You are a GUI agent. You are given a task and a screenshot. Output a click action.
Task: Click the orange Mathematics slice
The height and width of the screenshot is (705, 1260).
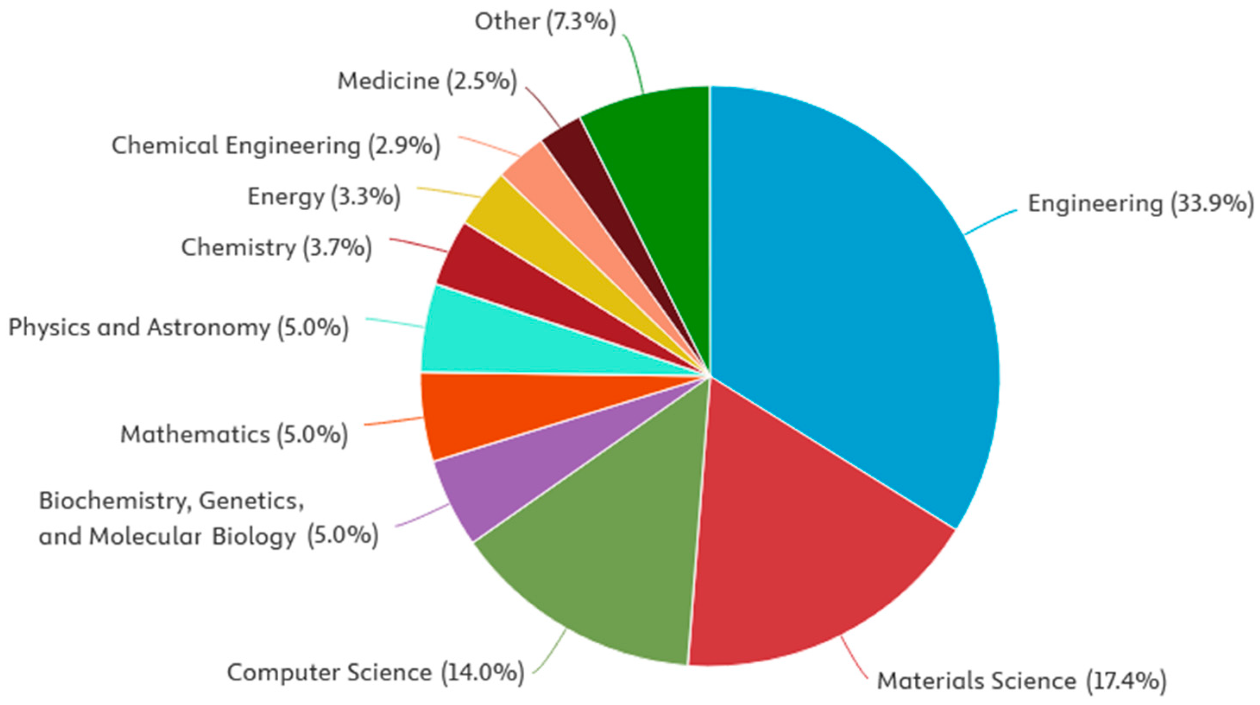(489, 411)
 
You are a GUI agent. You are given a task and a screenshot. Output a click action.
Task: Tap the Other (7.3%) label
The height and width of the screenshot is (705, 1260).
(545, 22)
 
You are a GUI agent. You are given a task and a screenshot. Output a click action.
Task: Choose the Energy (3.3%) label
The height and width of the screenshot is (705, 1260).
(324, 197)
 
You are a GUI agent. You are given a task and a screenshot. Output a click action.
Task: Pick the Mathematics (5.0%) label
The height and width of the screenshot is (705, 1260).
(234, 434)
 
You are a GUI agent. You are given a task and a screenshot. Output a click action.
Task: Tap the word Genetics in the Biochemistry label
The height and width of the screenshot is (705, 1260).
(252, 500)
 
